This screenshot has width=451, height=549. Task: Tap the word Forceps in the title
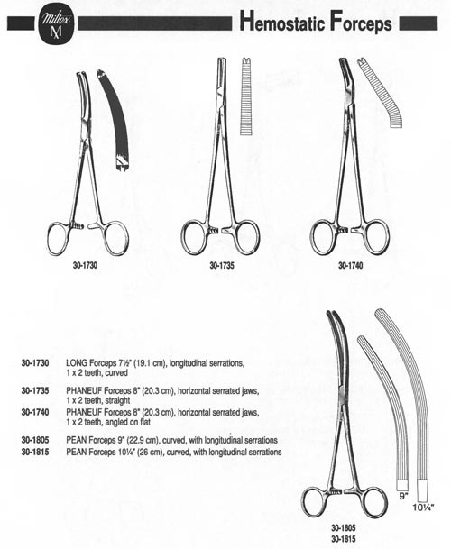pos(361,23)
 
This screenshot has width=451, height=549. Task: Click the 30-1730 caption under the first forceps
pos(85,265)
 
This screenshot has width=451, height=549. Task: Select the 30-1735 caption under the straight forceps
pos(222,265)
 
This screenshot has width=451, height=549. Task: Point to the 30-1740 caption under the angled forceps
pos(351,265)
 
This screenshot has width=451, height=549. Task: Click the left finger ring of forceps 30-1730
pos(60,238)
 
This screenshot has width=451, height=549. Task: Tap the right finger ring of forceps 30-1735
pos(248,237)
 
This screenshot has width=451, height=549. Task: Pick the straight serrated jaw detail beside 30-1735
pos(247,96)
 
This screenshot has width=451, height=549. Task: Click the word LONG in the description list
pos(77,363)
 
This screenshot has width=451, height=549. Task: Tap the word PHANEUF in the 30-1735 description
pos(84,390)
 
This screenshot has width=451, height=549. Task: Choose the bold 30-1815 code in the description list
pos(35,452)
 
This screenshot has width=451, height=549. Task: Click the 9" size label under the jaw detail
pos(404,496)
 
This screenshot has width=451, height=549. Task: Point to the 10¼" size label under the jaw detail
pos(423,507)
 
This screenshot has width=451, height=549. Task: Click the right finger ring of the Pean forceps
pos(374,503)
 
